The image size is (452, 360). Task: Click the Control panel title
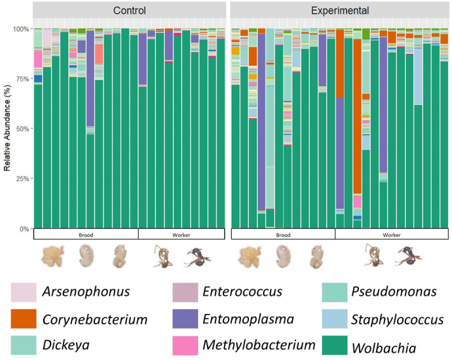[x=129, y=10]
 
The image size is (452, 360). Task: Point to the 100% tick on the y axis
[x=21, y=29]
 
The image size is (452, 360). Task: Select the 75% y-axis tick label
[x=22, y=79]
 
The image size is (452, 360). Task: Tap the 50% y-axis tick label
[x=22, y=129]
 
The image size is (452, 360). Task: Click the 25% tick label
[x=22, y=178]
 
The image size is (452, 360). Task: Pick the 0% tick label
[x=24, y=228]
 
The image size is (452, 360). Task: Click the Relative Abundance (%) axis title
[x=7, y=129]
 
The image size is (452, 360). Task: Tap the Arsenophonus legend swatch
[x=22, y=291]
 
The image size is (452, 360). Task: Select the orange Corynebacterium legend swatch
[x=22, y=319]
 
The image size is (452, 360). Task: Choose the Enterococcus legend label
[x=242, y=291]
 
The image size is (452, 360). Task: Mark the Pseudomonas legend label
[x=388, y=291]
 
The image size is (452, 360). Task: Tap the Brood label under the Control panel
[x=85, y=234]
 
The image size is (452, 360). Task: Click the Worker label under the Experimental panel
[x=392, y=234]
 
